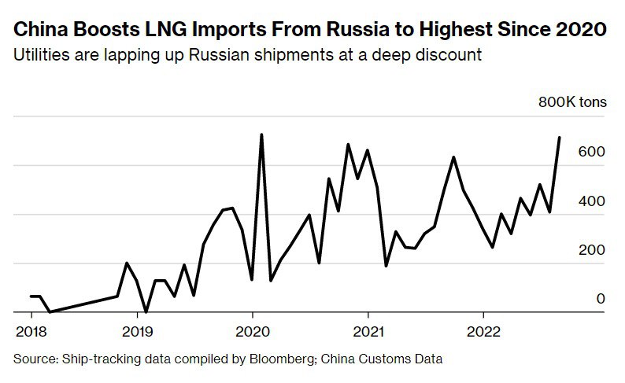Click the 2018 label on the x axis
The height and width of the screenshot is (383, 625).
tap(31, 330)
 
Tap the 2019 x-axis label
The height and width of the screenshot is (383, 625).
tap(137, 330)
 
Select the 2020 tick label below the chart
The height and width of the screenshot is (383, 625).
tap(253, 330)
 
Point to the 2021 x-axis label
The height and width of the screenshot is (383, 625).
tap(368, 330)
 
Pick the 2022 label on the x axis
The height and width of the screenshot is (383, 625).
tap(484, 330)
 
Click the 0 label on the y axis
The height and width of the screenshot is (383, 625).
tap(601, 299)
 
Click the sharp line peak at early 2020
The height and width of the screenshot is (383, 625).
tap(261, 134)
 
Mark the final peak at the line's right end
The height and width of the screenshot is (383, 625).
tap(559, 138)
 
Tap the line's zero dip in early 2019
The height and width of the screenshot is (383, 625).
tap(146, 311)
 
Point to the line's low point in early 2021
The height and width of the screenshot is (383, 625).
tap(386, 266)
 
